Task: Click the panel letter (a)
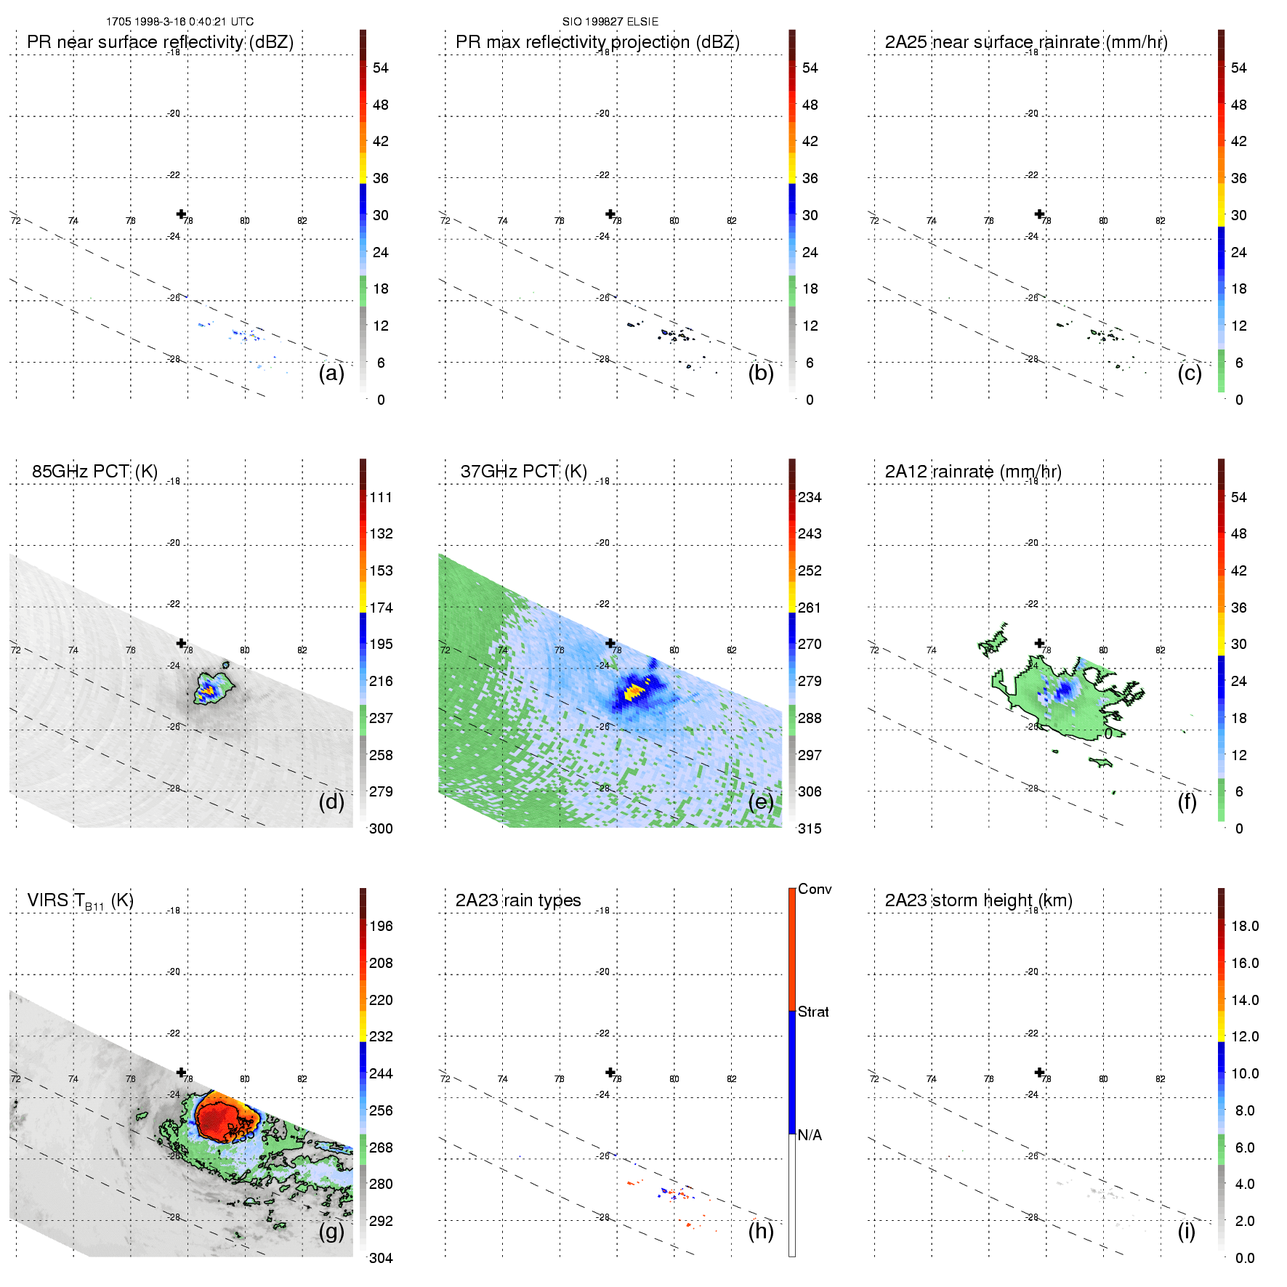coord(331,374)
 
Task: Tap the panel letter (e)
coord(760,802)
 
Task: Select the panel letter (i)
coord(1186,1231)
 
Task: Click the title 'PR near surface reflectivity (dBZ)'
coord(160,42)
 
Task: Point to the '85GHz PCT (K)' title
coord(94,471)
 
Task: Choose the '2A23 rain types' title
coord(517,900)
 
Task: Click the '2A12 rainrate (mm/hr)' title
coord(973,471)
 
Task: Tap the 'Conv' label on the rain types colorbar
coord(815,889)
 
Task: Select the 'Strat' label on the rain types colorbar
coord(813,1012)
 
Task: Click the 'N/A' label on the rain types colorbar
coord(810,1135)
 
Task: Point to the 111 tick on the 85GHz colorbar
coord(381,497)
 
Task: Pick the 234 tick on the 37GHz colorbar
coord(810,497)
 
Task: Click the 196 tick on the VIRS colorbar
coord(381,926)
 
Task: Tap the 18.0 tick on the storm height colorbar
coord(1244,926)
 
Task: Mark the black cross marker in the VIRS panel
coord(181,1072)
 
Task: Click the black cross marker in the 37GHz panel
coord(610,643)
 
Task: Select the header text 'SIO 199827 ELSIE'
coord(610,22)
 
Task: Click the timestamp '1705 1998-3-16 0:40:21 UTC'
coord(179,22)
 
